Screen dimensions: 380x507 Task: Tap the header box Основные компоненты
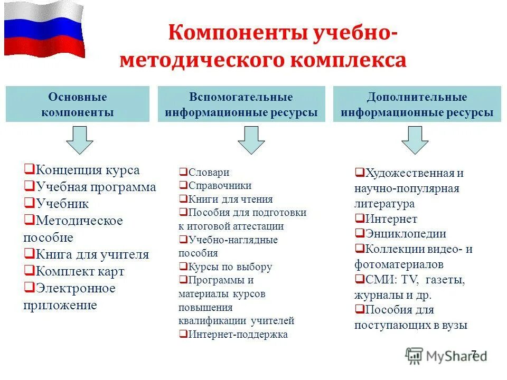78,104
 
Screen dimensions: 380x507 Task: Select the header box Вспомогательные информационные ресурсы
241,104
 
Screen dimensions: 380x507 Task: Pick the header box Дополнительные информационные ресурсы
417,104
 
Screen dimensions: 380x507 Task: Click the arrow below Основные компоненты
79,140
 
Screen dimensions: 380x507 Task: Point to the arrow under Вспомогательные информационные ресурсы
251,140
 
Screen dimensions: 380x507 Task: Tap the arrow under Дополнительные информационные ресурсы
415,140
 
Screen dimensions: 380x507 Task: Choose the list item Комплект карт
80,271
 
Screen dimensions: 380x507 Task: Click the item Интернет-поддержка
238,334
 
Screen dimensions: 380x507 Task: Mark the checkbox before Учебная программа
29,187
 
